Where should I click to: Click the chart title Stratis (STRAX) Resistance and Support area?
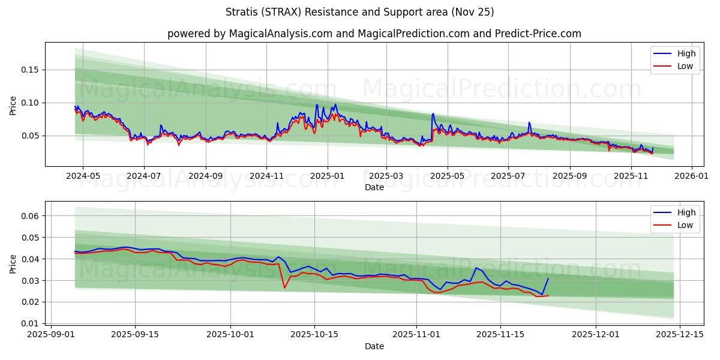360,12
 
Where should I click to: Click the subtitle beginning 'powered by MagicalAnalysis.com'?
374,34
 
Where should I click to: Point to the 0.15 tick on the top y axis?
30,70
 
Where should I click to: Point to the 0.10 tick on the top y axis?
30,103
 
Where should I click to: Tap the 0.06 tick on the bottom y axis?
30,216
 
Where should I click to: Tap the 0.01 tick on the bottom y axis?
30,323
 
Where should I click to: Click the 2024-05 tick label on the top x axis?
83,176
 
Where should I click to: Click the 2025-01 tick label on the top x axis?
328,176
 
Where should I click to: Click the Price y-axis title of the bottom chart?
13,264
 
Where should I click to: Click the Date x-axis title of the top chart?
374,187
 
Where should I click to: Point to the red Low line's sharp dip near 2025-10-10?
284,288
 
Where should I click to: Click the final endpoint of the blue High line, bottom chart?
548,278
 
